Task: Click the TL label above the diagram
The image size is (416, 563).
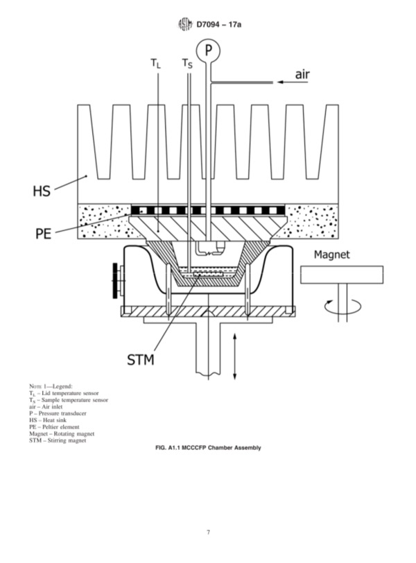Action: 156,64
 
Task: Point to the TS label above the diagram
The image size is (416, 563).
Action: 187,64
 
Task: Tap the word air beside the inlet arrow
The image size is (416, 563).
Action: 302,74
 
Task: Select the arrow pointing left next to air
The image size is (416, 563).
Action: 293,83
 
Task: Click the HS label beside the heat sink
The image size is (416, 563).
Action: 42,191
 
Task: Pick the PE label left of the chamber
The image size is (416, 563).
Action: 44,234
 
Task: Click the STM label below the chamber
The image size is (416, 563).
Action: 141,359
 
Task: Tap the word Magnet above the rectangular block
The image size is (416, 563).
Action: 331,254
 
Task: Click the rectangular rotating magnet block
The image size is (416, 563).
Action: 342,275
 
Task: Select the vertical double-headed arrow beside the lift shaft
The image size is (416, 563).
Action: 235,356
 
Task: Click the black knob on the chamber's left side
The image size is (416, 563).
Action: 115,280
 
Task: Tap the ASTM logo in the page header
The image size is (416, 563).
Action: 185,24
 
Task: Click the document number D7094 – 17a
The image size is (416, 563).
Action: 219,24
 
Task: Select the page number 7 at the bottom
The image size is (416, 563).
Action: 208,532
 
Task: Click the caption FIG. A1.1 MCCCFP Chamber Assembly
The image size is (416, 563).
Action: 208,448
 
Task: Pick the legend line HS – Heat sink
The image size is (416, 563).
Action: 48,420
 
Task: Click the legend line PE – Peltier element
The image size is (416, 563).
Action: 54,427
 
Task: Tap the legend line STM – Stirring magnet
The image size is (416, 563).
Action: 58,440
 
